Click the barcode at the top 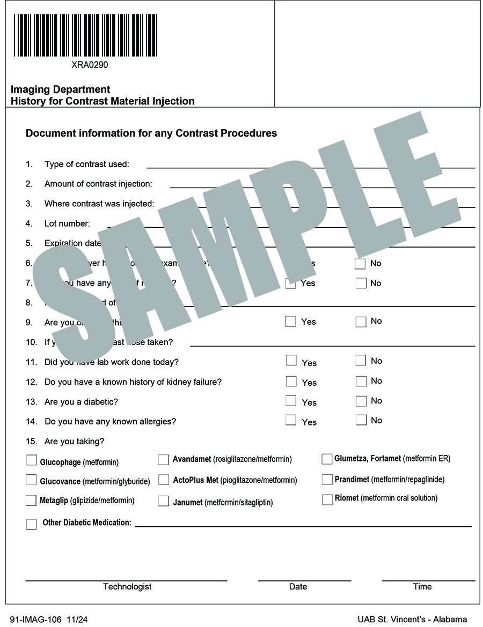(85, 35)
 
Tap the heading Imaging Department (60, 89)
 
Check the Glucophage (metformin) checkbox (32, 460)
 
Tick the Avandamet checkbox (164, 459)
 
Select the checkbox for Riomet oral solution (327, 499)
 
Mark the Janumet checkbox (164, 501)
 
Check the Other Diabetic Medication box (32, 524)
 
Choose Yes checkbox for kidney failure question (291, 382)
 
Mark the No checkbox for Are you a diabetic (361, 401)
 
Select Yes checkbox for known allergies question (291, 420)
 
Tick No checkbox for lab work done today (361, 361)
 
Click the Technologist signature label (127, 587)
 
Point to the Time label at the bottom (422, 587)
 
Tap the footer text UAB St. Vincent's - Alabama (412, 619)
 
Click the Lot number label (67, 223)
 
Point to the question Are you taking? (75, 442)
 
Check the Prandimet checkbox (327, 480)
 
